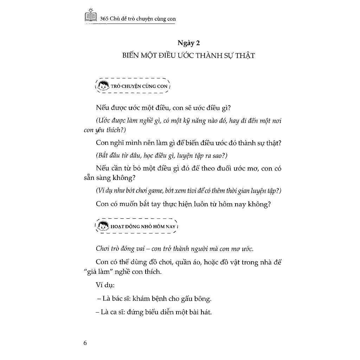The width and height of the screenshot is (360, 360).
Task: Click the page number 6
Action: (85, 343)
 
